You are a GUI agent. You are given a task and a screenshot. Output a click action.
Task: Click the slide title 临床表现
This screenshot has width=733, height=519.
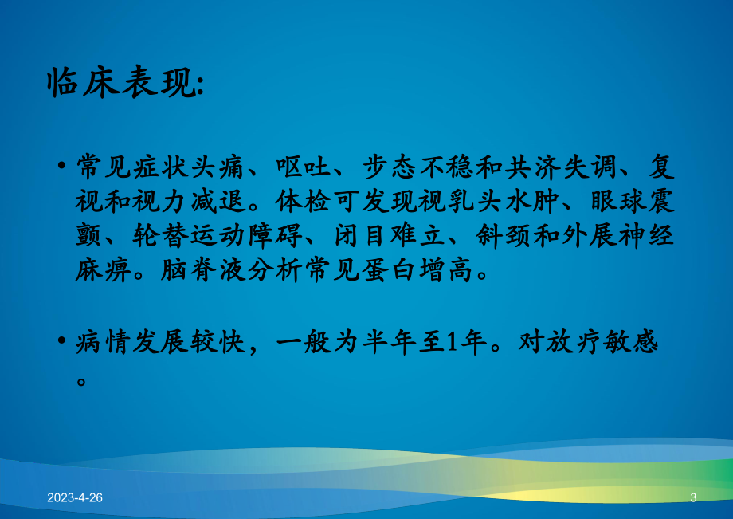[124, 82]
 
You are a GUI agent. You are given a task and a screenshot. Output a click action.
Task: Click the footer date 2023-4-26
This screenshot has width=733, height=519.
[75, 497]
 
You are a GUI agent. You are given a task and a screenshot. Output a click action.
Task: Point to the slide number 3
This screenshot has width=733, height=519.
[693, 497]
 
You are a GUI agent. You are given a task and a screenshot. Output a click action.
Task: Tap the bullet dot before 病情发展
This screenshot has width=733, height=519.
[62, 343]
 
